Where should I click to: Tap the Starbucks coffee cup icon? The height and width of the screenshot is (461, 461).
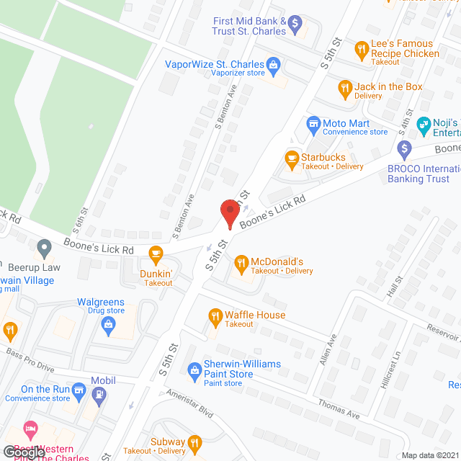click(292, 159)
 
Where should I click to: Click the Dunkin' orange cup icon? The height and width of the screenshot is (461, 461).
click(155, 254)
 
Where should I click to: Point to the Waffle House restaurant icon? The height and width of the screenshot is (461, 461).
click(215, 315)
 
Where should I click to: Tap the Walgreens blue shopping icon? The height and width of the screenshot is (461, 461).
click(109, 325)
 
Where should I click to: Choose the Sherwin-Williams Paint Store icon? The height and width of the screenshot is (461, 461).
click(194, 370)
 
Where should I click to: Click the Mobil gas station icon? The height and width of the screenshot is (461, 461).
click(99, 394)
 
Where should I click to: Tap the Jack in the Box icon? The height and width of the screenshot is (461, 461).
click(345, 89)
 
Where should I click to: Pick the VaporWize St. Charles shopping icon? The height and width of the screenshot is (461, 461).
click(274, 66)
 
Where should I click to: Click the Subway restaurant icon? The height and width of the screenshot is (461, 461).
click(194, 442)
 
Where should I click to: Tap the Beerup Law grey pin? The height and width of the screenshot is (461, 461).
click(45, 249)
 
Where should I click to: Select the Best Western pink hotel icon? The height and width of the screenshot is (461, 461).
click(30, 430)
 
